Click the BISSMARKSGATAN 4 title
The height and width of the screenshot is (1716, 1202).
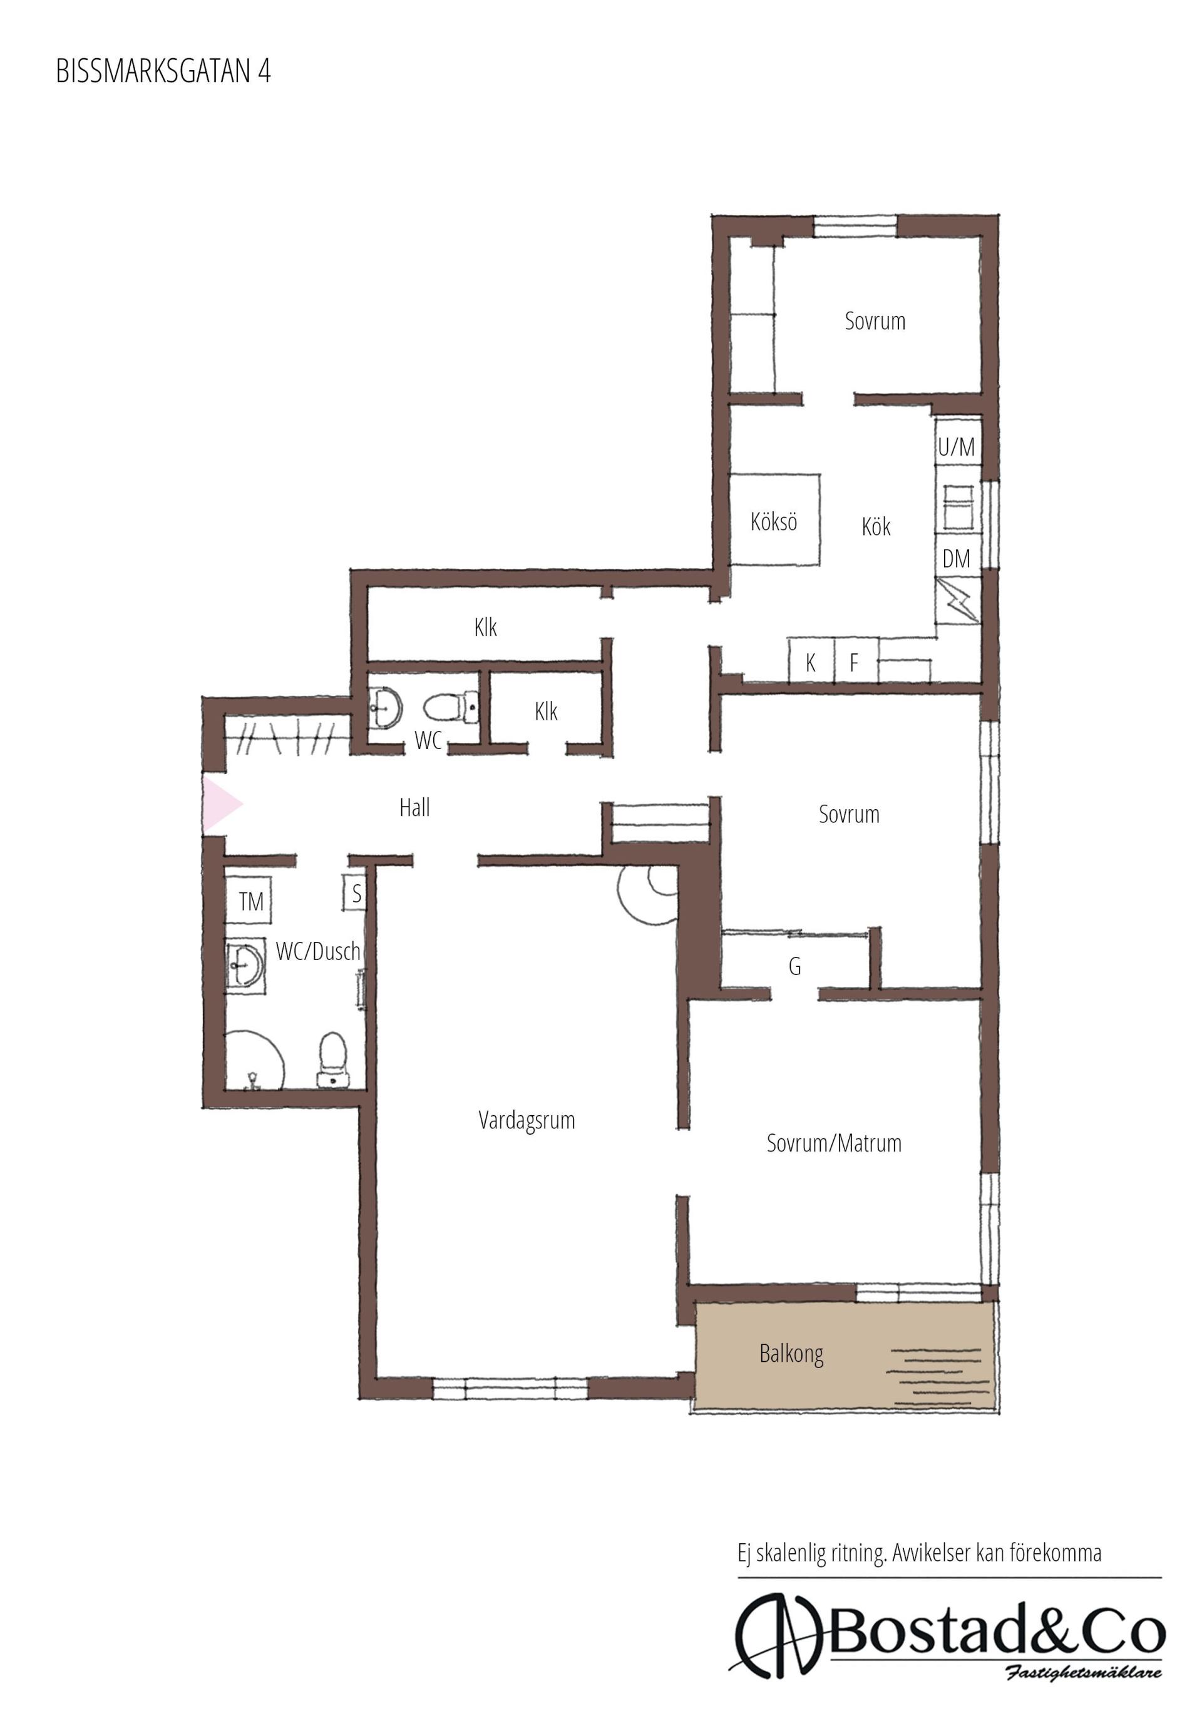163,71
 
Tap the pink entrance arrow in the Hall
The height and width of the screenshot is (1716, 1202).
220,804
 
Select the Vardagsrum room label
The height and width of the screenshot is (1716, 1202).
527,1120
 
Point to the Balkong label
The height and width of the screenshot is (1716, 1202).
791,1354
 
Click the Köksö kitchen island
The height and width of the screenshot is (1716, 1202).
774,520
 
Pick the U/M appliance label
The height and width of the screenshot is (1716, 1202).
956,447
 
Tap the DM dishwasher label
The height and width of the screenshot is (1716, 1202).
956,558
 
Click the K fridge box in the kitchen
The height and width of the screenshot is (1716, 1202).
811,661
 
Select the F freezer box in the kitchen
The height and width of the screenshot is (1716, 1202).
855,661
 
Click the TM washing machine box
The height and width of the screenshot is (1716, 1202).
249,901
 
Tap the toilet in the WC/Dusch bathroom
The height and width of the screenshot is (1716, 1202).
332,1058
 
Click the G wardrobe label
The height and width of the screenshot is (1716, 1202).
794,966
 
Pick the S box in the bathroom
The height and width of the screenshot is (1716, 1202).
355,892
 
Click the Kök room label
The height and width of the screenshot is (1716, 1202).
876,526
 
